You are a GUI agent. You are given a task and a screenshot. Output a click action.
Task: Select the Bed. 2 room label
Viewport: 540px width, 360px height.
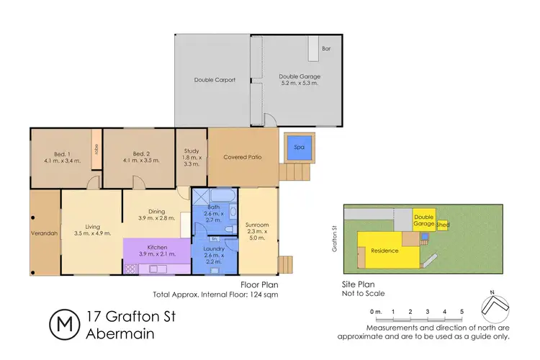point(136,153)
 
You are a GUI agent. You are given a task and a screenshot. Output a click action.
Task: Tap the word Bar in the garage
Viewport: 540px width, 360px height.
point(326,49)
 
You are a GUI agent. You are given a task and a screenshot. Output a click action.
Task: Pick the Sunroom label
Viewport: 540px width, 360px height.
point(257,224)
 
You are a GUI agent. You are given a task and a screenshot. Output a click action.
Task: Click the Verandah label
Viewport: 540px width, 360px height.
point(44,233)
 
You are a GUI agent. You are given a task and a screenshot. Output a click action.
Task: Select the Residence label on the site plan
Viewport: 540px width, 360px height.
point(386,251)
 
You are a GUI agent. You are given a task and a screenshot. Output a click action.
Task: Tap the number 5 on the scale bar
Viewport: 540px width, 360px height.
point(462,311)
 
